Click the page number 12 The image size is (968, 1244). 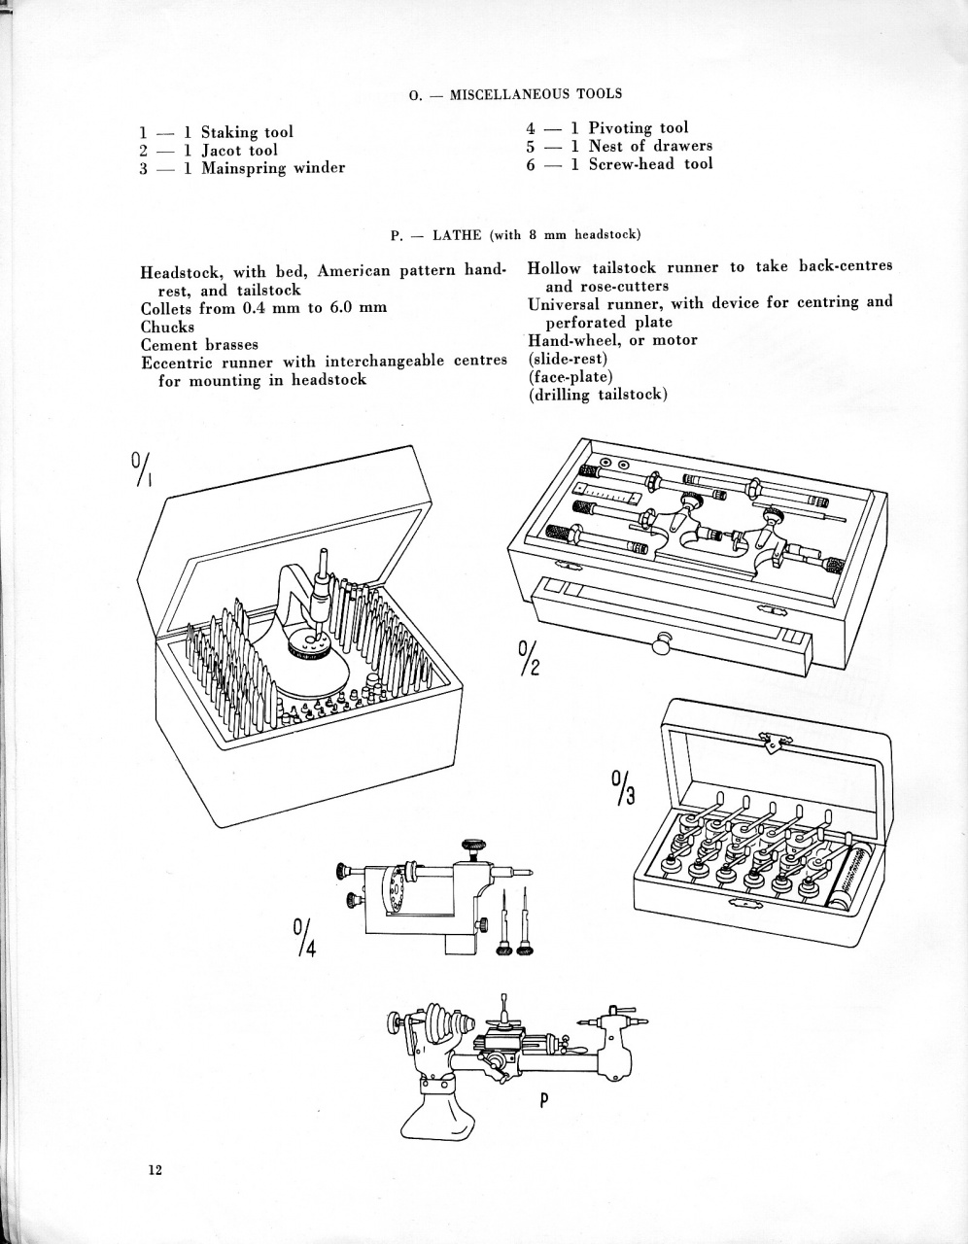(x=155, y=1169)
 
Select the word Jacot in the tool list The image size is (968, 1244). (x=224, y=150)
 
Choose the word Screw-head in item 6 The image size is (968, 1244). (x=632, y=163)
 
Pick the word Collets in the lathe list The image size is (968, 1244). (x=167, y=308)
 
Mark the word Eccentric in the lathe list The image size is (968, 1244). (x=177, y=362)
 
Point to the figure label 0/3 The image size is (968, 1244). (x=622, y=788)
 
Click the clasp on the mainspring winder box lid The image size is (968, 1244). (x=773, y=743)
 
